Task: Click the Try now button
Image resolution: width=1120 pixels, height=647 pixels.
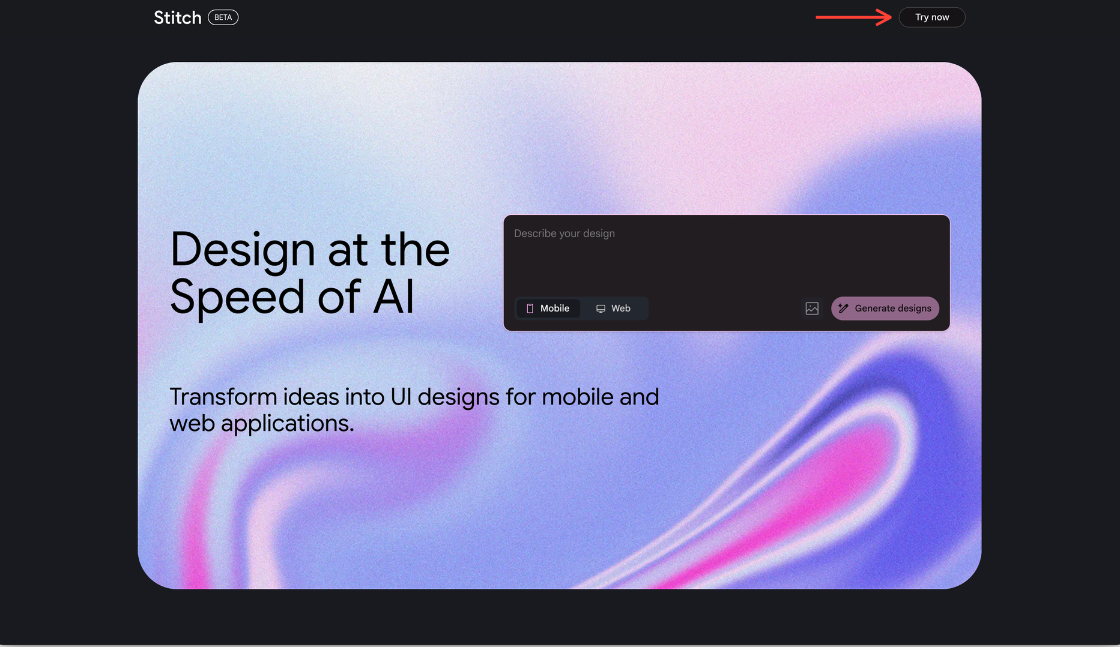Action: point(932,17)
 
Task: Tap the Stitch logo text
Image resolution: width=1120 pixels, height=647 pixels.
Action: point(178,17)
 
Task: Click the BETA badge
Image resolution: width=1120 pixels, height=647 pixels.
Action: point(223,17)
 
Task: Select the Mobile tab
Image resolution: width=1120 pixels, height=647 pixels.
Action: point(548,308)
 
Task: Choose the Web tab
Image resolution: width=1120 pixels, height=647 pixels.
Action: point(613,308)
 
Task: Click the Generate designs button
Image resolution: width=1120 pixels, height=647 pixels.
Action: point(885,308)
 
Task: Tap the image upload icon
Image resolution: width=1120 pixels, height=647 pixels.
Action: point(812,308)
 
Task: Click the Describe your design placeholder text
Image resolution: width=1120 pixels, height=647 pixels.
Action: point(565,233)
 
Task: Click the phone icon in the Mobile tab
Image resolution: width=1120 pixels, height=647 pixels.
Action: point(530,308)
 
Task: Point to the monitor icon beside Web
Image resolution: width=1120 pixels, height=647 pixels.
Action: point(601,308)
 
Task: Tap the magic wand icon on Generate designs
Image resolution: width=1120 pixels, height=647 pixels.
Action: point(844,308)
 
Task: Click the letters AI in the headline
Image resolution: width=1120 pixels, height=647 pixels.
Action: point(394,296)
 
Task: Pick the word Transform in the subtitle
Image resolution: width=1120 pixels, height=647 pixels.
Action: point(223,397)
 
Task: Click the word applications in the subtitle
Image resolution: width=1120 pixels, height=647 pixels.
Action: point(288,424)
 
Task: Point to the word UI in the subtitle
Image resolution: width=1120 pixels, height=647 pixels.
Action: point(401,397)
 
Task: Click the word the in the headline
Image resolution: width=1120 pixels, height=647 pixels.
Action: point(416,250)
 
